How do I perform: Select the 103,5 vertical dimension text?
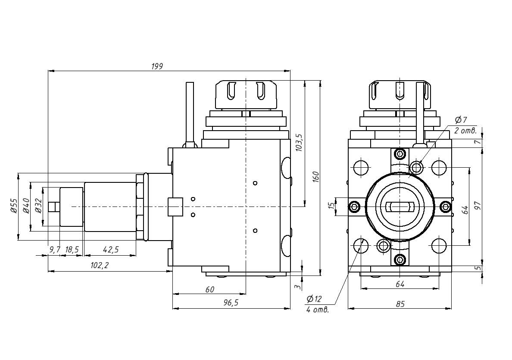(300, 142)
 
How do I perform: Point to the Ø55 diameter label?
(13, 207)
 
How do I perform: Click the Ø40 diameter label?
(25, 207)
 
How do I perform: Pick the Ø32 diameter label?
(37, 207)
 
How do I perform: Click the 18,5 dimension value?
(72, 250)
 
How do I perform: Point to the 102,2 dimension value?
(100, 266)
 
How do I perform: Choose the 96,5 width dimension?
(231, 303)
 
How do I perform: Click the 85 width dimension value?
(400, 304)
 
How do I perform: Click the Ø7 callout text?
(461, 119)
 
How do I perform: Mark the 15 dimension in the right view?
(331, 207)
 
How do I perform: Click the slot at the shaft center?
(400, 207)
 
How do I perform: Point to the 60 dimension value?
(209, 289)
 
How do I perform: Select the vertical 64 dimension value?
(464, 210)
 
